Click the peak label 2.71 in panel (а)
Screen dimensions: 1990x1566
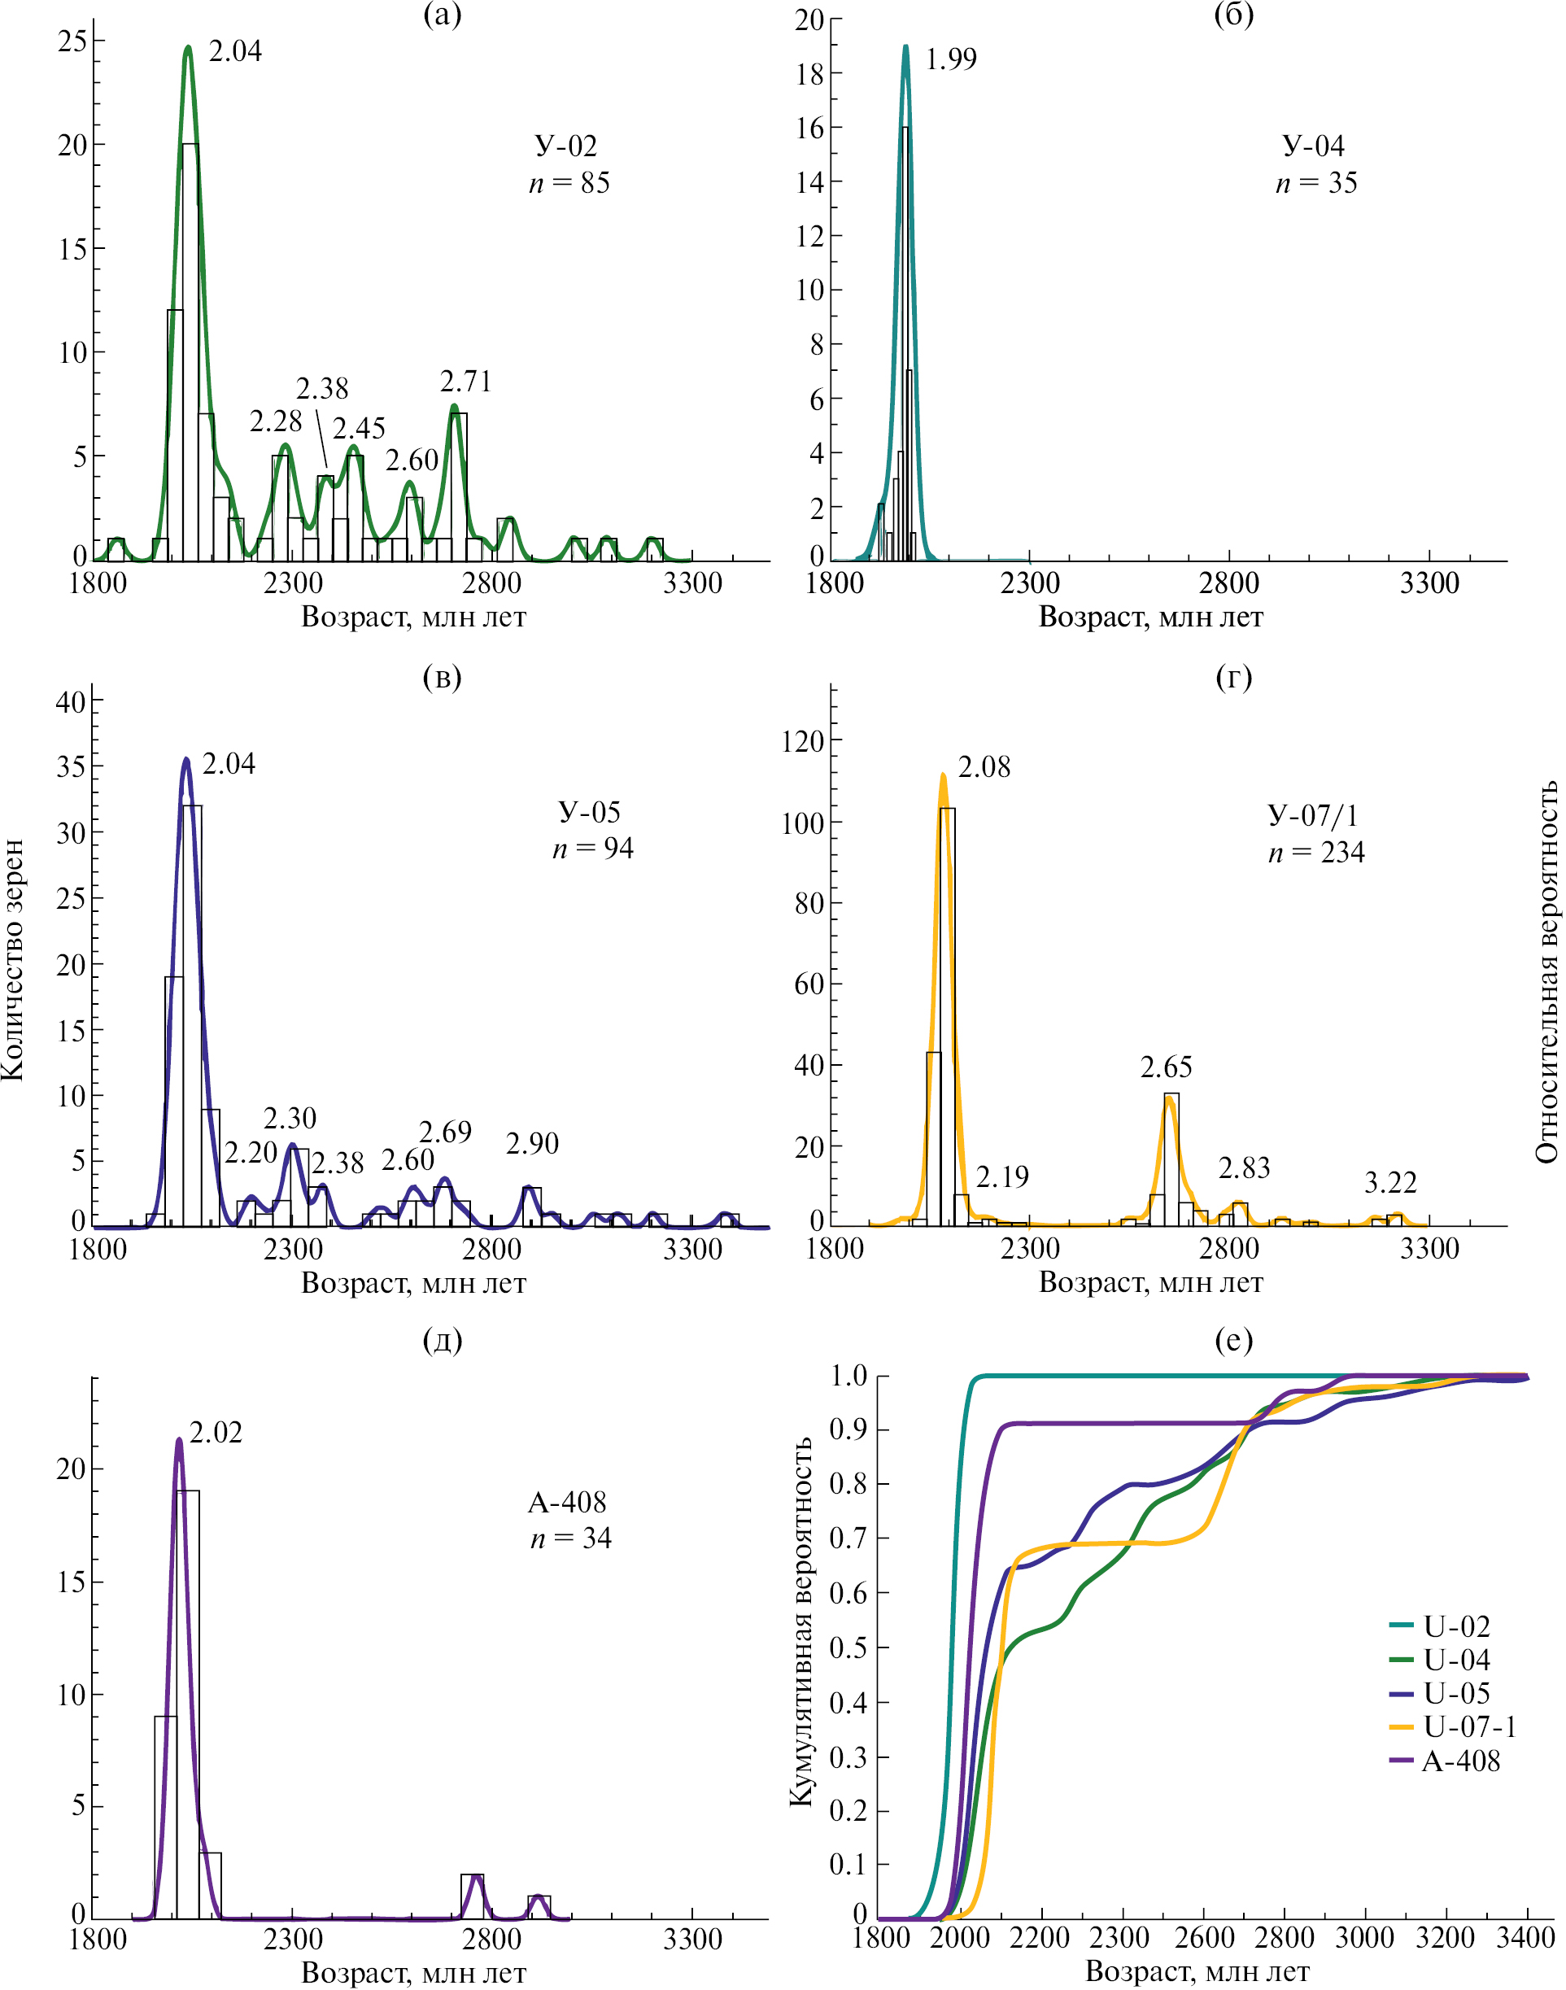[x=466, y=382]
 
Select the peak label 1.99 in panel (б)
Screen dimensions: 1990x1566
[x=951, y=59]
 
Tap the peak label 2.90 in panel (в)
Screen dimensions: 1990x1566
[x=532, y=1144]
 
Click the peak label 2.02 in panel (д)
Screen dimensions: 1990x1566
[x=216, y=1433]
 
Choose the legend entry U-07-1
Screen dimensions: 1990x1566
[x=1469, y=1726]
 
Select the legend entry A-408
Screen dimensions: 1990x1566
[x=1459, y=1761]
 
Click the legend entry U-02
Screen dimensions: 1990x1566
[x=1456, y=1626]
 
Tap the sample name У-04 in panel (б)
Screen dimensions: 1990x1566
[x=1313, y=146]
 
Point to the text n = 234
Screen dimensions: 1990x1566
[x=1316, y=853]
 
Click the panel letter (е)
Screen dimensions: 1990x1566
[x=1233, y=1340]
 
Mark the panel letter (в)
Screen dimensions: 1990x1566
[x=442, y=676]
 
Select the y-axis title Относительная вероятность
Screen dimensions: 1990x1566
[x=1546, y=973]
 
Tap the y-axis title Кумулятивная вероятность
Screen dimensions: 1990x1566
[x=801, y=1621]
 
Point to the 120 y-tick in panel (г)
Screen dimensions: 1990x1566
[x=803, y=741]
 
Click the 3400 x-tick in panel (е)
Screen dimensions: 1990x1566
[x=1525, y=1937]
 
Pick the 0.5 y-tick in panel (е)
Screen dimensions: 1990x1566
[x=848, y=1648]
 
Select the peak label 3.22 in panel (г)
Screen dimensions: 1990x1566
[x=1390, y=1183]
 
